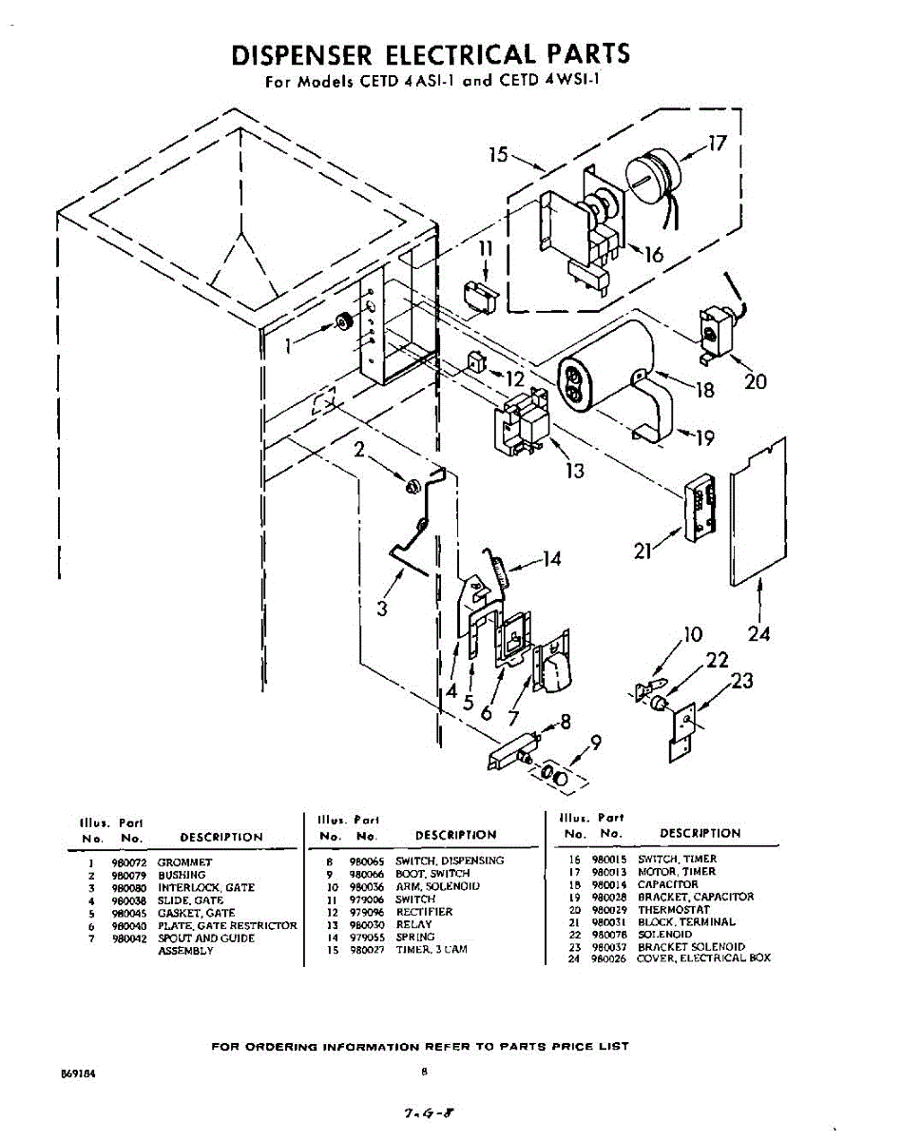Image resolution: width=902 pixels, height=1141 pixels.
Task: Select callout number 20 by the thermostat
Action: pos(756,381)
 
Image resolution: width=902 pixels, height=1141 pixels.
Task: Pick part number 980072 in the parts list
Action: pos(125,863)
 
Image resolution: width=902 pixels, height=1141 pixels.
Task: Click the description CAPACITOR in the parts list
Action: pos(667,884)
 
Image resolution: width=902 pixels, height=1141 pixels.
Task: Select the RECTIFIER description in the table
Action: pos(424,912)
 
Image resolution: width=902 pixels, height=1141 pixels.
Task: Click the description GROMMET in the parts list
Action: pos(185,863)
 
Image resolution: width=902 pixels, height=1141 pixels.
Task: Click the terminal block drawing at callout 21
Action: pos(701,506)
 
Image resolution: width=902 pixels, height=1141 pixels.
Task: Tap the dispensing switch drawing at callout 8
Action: pos(512,751)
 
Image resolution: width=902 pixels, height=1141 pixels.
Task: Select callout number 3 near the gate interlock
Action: pos(381,609)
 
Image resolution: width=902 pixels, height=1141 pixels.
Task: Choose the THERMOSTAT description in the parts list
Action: pos(674,910)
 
